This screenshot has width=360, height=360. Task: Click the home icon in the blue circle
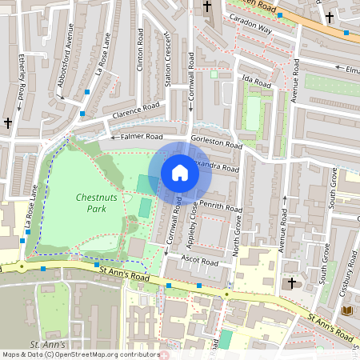point(180,173)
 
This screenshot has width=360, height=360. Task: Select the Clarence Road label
point(136,110)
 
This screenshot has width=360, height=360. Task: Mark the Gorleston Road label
point(217,142)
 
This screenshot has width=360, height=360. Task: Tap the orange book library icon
point(347,310)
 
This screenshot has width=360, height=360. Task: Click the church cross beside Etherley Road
point(8,123)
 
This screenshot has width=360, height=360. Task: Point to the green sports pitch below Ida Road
point(253,114)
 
